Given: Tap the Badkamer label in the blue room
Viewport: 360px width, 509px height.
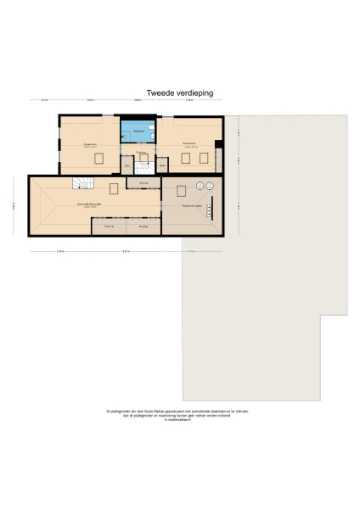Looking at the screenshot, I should click(138, 130).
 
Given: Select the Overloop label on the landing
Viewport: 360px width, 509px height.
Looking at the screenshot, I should click(141, 153).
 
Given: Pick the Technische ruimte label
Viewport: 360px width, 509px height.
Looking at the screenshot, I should click(191, 206).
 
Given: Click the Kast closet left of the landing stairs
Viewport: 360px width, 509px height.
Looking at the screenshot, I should click(127, 165).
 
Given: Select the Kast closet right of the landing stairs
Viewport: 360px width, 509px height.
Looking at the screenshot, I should click(160, 165).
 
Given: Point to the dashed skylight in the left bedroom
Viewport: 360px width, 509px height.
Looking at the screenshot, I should click(99, 158).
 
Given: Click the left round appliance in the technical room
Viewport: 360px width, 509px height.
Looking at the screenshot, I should click(200, 186).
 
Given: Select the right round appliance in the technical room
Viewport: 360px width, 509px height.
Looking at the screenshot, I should click(210, 186).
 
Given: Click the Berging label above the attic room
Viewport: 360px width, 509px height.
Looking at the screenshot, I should click(143, 183).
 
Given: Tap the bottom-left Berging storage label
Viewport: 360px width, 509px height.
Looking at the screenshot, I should click(109, 227).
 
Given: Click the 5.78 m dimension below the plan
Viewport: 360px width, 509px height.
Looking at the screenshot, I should click(60, 251).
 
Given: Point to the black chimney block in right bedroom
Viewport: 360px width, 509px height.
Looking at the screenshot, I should click(218, 144).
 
